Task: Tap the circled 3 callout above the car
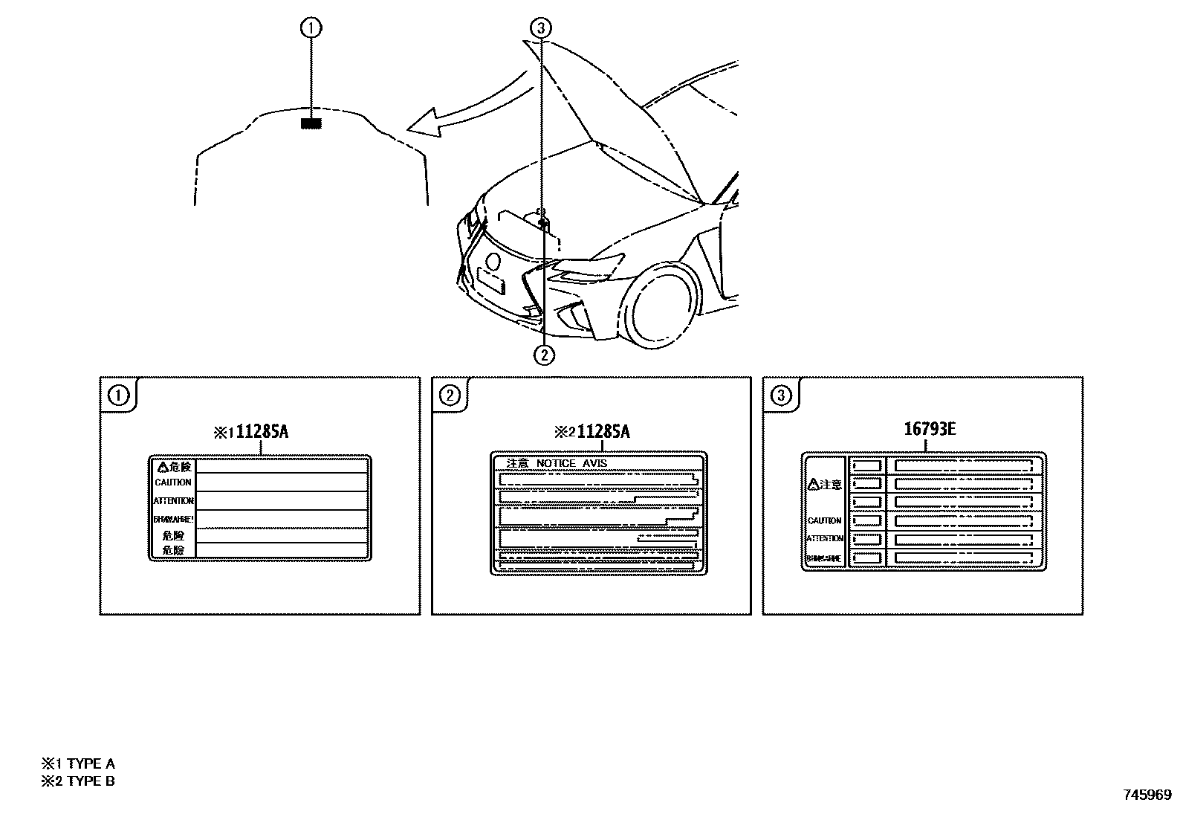(540, 28)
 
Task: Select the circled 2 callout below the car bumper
(544, 355)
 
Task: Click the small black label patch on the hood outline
(310, 123)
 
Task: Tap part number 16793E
(930, 429)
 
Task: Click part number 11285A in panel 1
(262, 432)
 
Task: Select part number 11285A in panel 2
(603, 432)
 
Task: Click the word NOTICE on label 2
(556, 463)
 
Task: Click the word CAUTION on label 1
(173, 482)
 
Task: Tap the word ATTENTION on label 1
(174, 501)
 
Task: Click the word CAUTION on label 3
(825, 520)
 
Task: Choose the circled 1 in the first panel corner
(118, 395)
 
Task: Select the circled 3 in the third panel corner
(780, 395)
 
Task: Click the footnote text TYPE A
(91, 763)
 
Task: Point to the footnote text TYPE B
(91, 781)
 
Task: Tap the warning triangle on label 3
(813, 485)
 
